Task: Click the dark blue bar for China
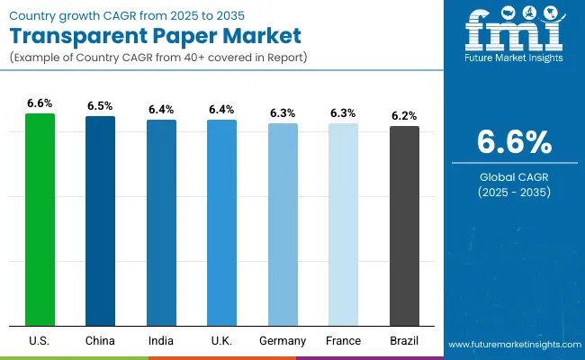100,220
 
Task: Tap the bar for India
161,222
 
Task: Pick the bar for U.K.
221,222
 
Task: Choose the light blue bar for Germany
283,224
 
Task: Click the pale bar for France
343,224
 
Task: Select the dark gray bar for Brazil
404,225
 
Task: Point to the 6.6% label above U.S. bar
40,103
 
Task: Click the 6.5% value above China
100,106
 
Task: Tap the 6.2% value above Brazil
404,116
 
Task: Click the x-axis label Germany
283,341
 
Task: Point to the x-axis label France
343,341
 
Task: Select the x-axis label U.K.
221,341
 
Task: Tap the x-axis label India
161,341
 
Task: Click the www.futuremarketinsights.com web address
512,345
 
